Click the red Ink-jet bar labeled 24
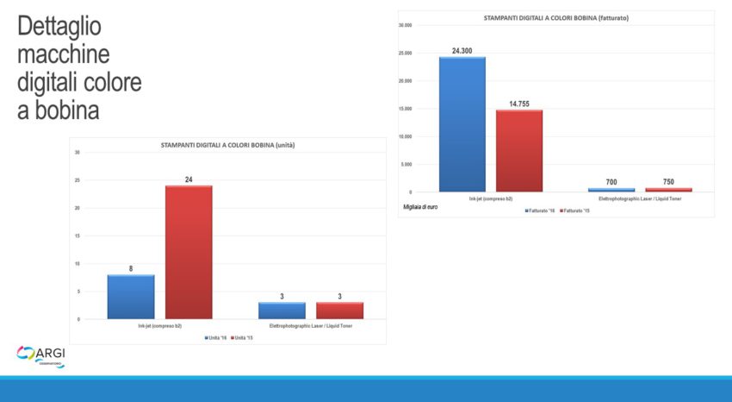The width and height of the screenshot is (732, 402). pos(189,252)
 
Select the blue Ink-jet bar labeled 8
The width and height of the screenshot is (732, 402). pos(131,297)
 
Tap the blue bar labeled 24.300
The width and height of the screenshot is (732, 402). pos(462,124)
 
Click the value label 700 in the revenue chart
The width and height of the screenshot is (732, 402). pos(611,182)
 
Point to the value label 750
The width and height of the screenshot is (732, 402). pos(669,182)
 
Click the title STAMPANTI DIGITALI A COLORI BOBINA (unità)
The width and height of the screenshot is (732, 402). pos(228,145)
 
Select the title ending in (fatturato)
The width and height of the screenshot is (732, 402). pos(555,18)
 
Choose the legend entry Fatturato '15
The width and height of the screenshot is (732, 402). pos(574,210)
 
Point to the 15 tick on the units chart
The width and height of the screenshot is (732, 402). pos(78,236)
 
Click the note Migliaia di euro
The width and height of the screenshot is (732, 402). pos(420,208)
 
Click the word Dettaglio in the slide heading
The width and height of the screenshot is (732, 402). pos(59,27)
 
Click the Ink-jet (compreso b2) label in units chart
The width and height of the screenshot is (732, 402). pos(160,326)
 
